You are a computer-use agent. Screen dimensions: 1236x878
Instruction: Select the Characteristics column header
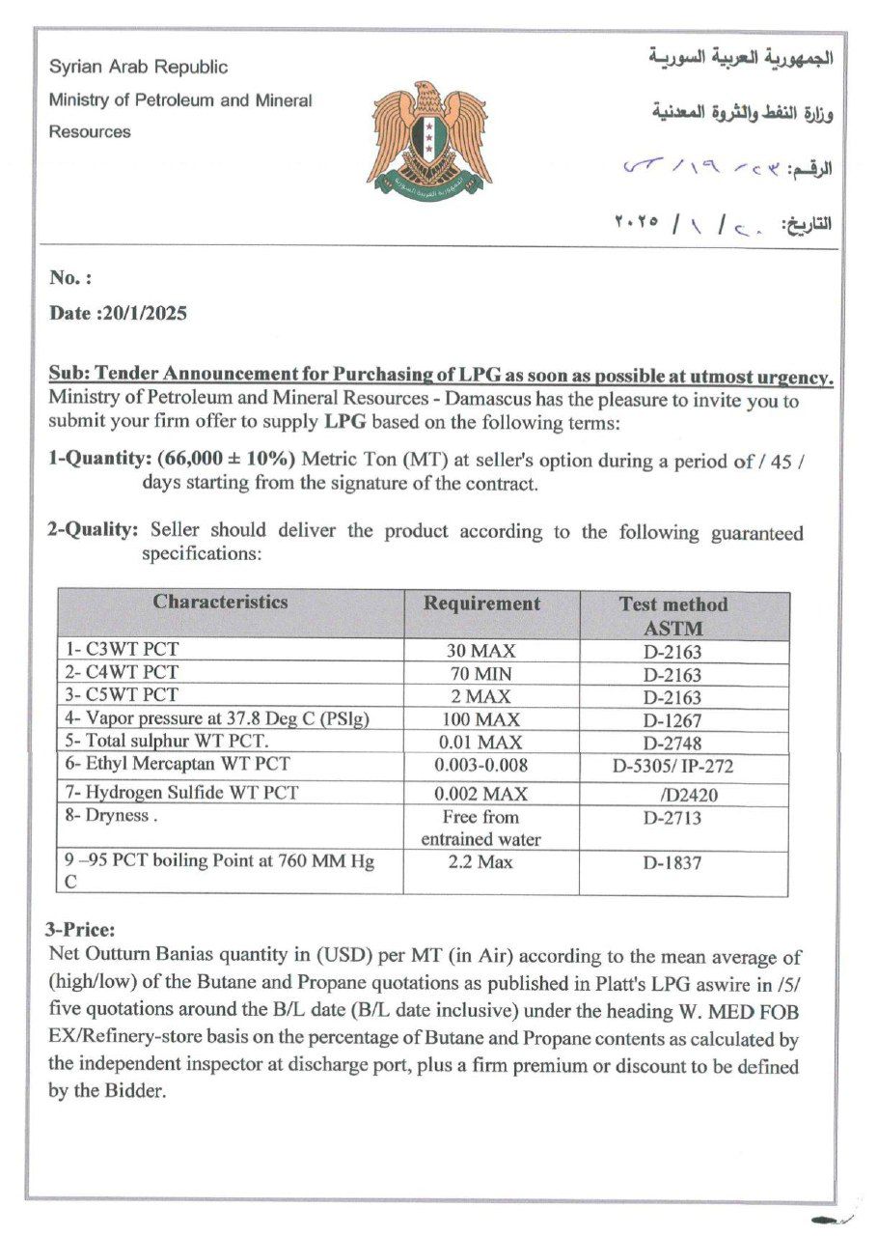(x=220, y=603)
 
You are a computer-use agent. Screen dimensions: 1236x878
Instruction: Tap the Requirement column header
(x=482, y=604)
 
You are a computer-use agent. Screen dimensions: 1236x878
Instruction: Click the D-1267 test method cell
(x=672, y=720)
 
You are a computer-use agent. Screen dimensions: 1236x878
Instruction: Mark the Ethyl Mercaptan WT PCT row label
(x=178, y=764)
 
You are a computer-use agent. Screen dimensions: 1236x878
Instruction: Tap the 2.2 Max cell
(x=480, y=861)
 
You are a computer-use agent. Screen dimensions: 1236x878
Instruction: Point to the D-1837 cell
(x=672, y=863)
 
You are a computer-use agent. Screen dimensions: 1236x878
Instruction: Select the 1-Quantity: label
(x=94, y=460)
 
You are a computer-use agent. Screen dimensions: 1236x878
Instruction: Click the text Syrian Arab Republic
(x=139, y=67)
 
